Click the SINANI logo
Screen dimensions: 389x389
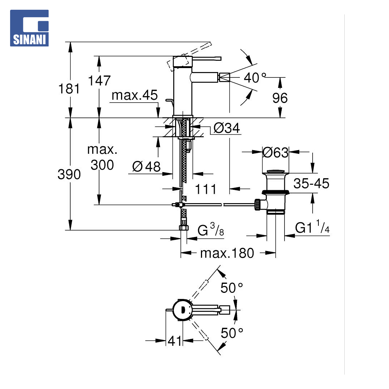pyautogui.click(x=29, y=28)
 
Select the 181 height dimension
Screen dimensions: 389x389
pyautogui.click(x=69, y=89)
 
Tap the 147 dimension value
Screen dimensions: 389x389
pyautogui.click(x=99, y=81)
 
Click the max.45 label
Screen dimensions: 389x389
pyautogui.click(x=134, y=95)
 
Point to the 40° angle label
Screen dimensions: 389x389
pyautogui.click(x=255, y=78)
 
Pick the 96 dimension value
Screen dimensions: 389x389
pyautogui.click(x=280, y=98)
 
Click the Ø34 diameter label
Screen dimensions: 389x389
pyautogui.click(x=227, y=128)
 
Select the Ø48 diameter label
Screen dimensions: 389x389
pyautogui.click(x=146, y=166)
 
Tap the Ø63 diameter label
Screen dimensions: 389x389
pyautogui.click(x=276, y=152)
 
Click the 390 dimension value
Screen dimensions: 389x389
pyautogui.click(x=69, y=174)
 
